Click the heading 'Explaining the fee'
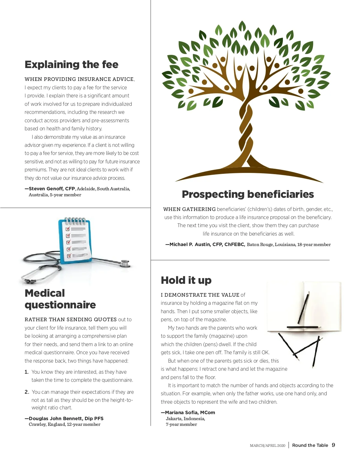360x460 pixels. [71, 65]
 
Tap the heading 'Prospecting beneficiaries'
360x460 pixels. [248, 194]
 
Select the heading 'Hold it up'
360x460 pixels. [186, 280]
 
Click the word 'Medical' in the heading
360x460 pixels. [45, 293]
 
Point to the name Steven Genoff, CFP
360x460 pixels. [52, 189]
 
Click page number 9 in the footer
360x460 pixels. [333, 445]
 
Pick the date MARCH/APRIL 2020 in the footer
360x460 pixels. [268, 446]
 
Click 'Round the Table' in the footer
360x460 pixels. [310, 445]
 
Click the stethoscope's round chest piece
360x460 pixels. [125, 264]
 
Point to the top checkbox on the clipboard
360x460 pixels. [68, 229]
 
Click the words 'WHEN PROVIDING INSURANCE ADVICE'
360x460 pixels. [79, 79]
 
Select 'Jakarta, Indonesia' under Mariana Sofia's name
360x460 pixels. [185, 419]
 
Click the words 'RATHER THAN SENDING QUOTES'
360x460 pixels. [70, 320]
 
